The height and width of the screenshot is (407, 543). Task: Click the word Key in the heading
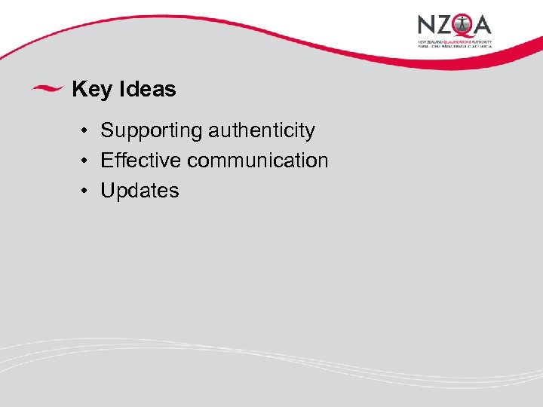tap(91, 90)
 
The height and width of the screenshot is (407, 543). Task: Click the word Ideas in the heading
tap(147, 90)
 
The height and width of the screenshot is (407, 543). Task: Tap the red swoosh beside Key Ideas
tap(47, 88)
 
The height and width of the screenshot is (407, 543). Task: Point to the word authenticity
tap(262, 130)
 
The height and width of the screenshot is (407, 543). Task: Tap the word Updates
tap(140, 191)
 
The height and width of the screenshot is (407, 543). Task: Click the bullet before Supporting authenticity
tap(87, 131)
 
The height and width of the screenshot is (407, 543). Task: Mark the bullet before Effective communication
tap(87, 161)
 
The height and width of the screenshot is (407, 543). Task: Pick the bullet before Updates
tap(87, 191)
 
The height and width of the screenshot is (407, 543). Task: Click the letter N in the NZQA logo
tap(427, 25)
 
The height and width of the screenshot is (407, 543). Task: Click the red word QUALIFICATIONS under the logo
tap(456, 41)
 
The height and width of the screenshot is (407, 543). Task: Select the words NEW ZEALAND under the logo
tap(430, 41)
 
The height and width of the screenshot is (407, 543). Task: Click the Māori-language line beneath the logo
tap(455, 46)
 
